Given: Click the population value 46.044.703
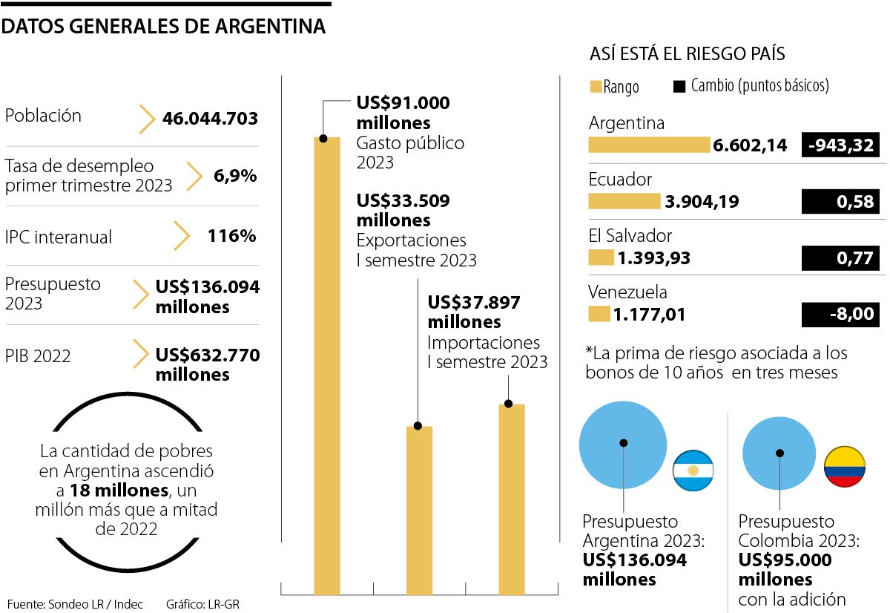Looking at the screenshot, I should point(210,118).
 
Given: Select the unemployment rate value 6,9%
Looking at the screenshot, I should point(236,176).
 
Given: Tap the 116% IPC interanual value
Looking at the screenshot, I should point(232,236).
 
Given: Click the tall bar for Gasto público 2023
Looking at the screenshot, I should point(327,364).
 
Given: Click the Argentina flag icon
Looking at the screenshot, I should point(693,471).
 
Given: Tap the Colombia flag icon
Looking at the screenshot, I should point(844,467).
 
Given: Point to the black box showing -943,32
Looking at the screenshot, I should point(840,145).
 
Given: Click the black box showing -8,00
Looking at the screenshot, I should point(840,315).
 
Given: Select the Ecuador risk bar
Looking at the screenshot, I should point(623,201).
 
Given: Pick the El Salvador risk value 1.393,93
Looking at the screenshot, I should point(653,258).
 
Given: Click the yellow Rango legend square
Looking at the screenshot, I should point(595,87).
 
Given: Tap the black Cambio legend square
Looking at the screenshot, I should point(679,86).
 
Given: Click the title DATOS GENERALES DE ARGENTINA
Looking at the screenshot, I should point(164,27).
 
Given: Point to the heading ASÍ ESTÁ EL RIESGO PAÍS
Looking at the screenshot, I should point(687,54).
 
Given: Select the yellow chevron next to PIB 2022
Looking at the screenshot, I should point(141,355).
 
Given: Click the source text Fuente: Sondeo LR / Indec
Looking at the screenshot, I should point(75,603).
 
